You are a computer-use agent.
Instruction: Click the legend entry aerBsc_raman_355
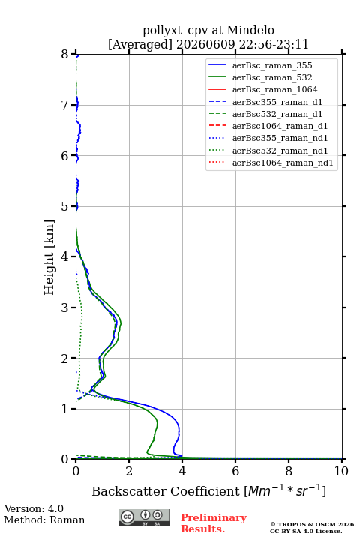[x=272, y=65]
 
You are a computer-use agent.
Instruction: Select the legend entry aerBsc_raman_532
[x=272, y=77]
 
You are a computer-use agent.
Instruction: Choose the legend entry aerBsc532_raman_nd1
[x=280, y=151]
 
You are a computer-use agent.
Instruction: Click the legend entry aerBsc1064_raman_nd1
[x=283, y=163]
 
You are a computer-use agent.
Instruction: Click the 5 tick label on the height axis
[x=65, y=207]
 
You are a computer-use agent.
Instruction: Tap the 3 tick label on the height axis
[x=65, y=307]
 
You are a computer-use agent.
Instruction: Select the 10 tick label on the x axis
[x=341, y=471]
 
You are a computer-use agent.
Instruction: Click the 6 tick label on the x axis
[x=235, y=471]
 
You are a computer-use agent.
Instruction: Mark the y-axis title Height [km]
[x=49, y=257]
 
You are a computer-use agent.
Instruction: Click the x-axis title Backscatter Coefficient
[x=166, y=491]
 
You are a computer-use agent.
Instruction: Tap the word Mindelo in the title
[x=250, y=31]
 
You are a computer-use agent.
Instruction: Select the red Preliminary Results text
[x=214, y=523]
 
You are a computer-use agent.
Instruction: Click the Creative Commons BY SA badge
[x=144, y=518]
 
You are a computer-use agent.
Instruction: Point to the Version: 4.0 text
[x=34, y=509]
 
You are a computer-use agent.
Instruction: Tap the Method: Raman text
[x=44, y=520]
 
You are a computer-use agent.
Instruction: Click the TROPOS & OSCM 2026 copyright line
[x=313, y=524]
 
